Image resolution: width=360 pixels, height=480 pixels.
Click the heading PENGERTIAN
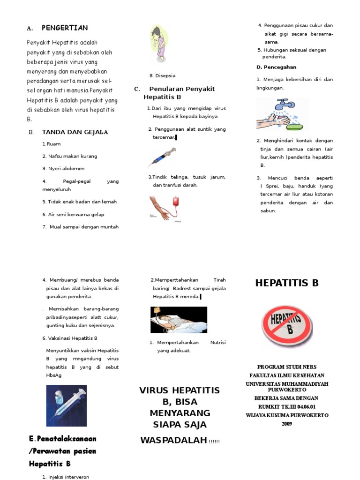[64, 28]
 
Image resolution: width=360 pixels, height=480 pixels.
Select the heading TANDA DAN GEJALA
[75, 132]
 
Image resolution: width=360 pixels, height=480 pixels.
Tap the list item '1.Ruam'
[51, 144]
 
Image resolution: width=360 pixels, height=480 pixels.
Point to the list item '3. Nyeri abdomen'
[63, 168]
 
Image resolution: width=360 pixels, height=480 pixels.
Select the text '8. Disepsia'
[163, 75]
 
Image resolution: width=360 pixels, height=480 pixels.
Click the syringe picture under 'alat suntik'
[162, 156]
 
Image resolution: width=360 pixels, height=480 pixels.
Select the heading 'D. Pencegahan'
[276, 67]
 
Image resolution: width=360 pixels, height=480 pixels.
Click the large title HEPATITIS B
[286, 283]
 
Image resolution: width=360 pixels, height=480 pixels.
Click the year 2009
[287, 423]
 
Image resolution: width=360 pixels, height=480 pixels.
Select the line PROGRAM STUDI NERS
[287, 367]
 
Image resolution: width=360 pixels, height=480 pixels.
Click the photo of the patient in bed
[178, 320]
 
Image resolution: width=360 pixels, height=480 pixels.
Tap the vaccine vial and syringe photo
[66, 405]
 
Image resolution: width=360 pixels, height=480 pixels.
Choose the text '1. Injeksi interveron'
[66, 477]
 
